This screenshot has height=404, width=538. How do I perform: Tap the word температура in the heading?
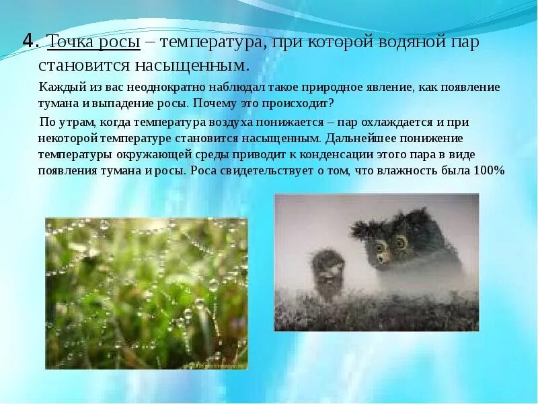tap(210, 43)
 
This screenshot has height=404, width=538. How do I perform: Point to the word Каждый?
tap(59, 88)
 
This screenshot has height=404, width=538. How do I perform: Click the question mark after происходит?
tap(332, 104)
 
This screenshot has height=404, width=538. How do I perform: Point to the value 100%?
tap(488, 170)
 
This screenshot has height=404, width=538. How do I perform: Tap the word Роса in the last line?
tap(203, 170)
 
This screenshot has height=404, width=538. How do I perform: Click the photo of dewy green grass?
tap(146, 293)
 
